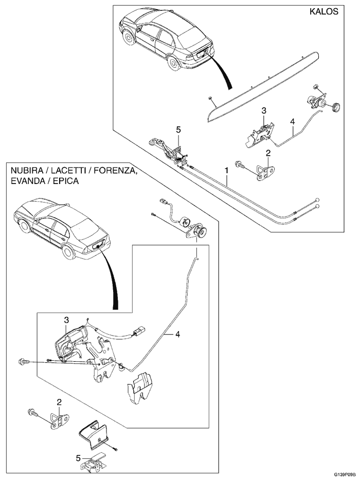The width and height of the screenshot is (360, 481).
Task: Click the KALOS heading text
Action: point(325,12)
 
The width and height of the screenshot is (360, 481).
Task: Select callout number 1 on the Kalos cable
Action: point(226,170)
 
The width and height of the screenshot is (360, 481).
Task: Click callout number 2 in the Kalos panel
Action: point(268,153)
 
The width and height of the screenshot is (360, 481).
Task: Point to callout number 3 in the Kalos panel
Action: point(263,110)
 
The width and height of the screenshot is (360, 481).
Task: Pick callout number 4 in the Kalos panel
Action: point(293,122)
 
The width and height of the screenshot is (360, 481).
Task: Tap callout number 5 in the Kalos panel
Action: point(178,131)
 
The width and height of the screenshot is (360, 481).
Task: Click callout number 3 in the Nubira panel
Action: point(66,320)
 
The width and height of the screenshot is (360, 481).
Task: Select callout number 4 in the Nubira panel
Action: point(177,335)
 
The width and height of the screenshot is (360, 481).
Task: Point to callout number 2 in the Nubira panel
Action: point(59,402)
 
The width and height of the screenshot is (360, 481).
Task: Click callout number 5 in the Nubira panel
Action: point(78,457)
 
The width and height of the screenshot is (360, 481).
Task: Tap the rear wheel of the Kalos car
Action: point(174,62)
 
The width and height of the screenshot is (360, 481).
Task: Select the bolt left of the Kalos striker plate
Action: point(240,165)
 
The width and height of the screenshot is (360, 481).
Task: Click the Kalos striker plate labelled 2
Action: point(265,171)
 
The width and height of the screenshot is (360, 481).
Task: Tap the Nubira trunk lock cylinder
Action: point(198,232)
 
